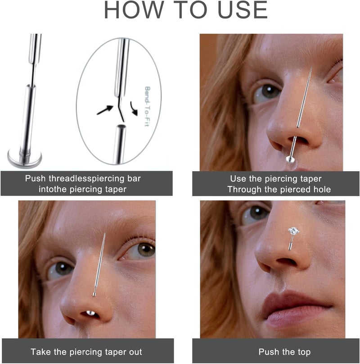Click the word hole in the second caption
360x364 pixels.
coord(321,190)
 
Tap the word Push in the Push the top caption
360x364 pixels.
coord(268,352)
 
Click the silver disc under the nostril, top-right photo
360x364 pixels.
coord(290,159)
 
